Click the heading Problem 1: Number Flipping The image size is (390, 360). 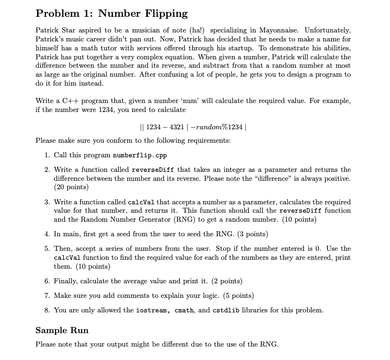(x=112, y=13)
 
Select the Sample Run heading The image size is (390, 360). (x=62, y=330)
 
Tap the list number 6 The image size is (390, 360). (x=47, y=280)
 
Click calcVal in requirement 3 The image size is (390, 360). (x=145, y=202)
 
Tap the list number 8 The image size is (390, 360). (x=47, y=310)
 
